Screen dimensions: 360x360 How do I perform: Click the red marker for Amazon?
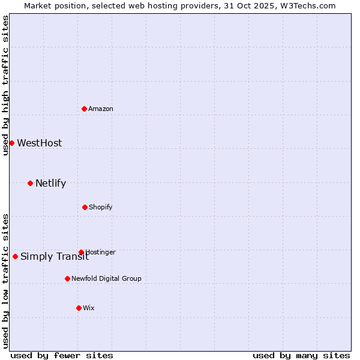(85, 109)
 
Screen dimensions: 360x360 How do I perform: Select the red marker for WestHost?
(11, 143)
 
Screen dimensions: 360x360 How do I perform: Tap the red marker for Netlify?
(30, 183)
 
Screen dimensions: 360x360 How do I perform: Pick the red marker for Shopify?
(85, 207)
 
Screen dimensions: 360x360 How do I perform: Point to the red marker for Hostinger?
(81, 252)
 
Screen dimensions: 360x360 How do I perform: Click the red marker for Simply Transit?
(15, 256)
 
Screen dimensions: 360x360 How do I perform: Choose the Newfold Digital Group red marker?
(67, 278)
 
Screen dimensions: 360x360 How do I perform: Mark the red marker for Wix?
(79, 308)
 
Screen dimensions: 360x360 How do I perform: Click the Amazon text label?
(101, 109)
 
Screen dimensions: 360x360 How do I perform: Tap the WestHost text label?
(39, 143)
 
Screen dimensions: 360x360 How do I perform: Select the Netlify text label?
(50, 183)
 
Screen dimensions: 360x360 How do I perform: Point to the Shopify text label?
(101, 207)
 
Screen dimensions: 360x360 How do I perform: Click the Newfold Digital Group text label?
(106, 278)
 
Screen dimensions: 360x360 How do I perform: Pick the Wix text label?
(89, 308)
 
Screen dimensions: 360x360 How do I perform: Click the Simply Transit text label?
(54, 257)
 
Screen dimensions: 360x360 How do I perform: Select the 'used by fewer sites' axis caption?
(62, 355)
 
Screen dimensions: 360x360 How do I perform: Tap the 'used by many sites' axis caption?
(301, 355)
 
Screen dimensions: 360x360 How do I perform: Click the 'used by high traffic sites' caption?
(5, 85)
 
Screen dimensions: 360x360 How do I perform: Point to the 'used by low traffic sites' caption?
(5, 280)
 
